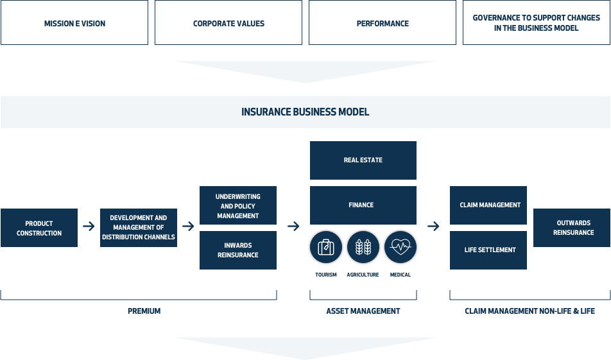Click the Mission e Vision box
pos(74,22)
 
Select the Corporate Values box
pos(228,22)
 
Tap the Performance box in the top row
pos(383,22)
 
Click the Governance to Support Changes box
pos(536,22)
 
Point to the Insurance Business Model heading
pos(305,112)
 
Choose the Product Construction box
pos(39,228)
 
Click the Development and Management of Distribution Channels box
pos(139,228)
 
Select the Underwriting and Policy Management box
pos(238,205)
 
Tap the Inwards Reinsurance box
pos(238,250)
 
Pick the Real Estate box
pos(363,160)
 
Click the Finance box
pos(363,205)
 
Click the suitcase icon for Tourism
pos(326,247)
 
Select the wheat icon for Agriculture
pos(363,247)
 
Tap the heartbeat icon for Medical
pos(400,247)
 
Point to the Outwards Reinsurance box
pos(572,228)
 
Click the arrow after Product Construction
pos(89,226)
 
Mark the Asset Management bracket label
pos(363,311)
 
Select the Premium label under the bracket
pos(144,311)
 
